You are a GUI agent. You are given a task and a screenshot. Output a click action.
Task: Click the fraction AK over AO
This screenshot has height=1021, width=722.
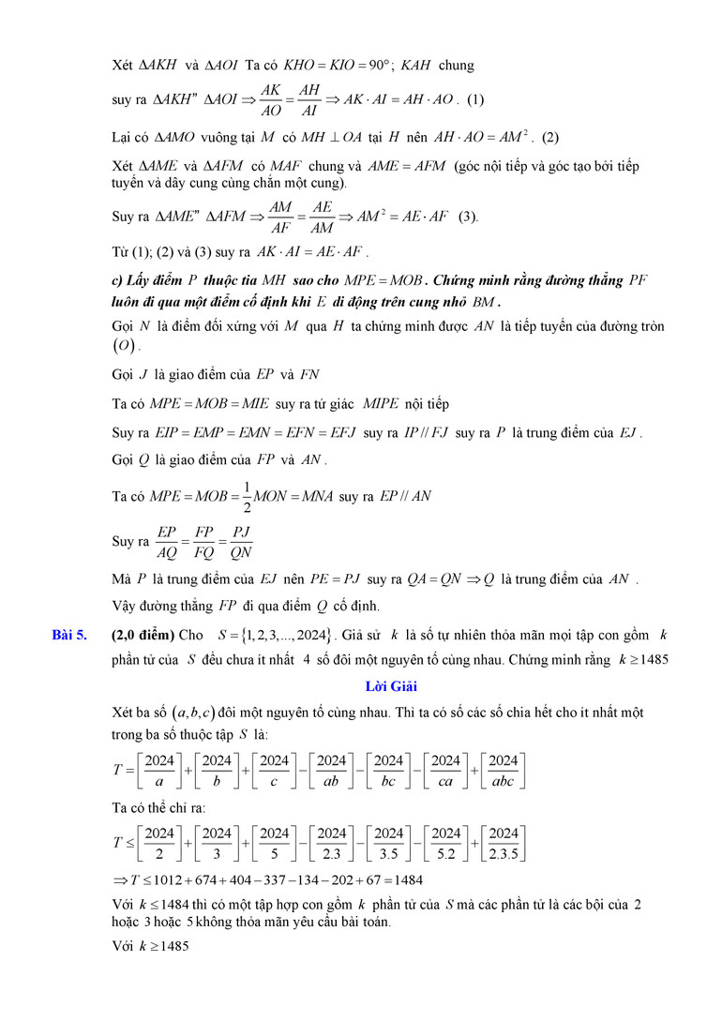[269, 99]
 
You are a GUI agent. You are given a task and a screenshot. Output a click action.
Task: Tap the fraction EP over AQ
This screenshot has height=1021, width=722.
[167, 542]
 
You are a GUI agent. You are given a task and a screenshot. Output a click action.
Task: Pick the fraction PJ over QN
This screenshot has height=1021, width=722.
[240, 542]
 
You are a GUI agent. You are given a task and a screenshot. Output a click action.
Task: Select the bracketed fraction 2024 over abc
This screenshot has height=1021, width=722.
[504, 770]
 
